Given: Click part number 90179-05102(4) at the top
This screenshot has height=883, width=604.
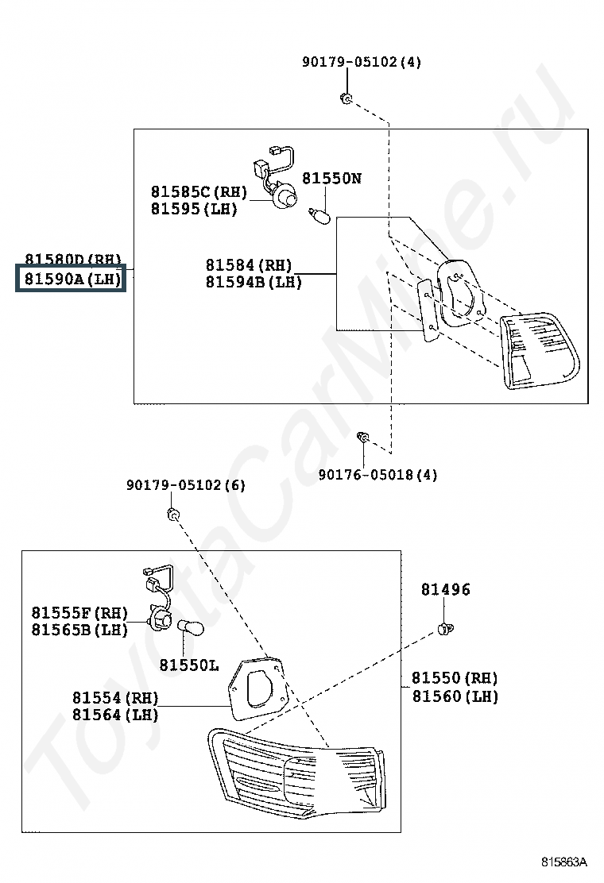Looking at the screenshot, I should pos(362,62).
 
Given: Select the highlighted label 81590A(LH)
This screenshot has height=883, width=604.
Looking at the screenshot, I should pos(72,279).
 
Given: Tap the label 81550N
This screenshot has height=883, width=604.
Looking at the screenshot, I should pos(331,179).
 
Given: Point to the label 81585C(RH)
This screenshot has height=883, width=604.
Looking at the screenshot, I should pos(199,192).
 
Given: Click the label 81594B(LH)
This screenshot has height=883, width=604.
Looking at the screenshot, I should pos(254,282).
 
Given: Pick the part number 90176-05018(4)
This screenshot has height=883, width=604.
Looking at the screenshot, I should pos(377,475).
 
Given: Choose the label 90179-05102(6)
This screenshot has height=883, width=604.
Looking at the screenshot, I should pos(186,485).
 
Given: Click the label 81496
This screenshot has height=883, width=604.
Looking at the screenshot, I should pos(445,589).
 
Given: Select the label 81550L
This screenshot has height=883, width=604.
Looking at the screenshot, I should pos(188,665).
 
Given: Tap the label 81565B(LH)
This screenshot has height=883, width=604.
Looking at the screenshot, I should pos(79,630).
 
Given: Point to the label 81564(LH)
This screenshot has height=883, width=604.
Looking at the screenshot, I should pos(115,715).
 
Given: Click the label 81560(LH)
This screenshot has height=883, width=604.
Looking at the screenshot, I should pos(455,696).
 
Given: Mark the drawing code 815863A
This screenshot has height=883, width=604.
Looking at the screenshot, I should pos(564,862).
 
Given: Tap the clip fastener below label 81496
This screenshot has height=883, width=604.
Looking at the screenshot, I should pos(446,630).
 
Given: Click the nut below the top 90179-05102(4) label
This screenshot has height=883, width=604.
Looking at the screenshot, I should pos(347,98).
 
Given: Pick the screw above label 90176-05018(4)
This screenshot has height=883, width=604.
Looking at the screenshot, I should pos(362,438).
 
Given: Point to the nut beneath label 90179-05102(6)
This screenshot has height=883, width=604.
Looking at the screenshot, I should pos(173,516).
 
